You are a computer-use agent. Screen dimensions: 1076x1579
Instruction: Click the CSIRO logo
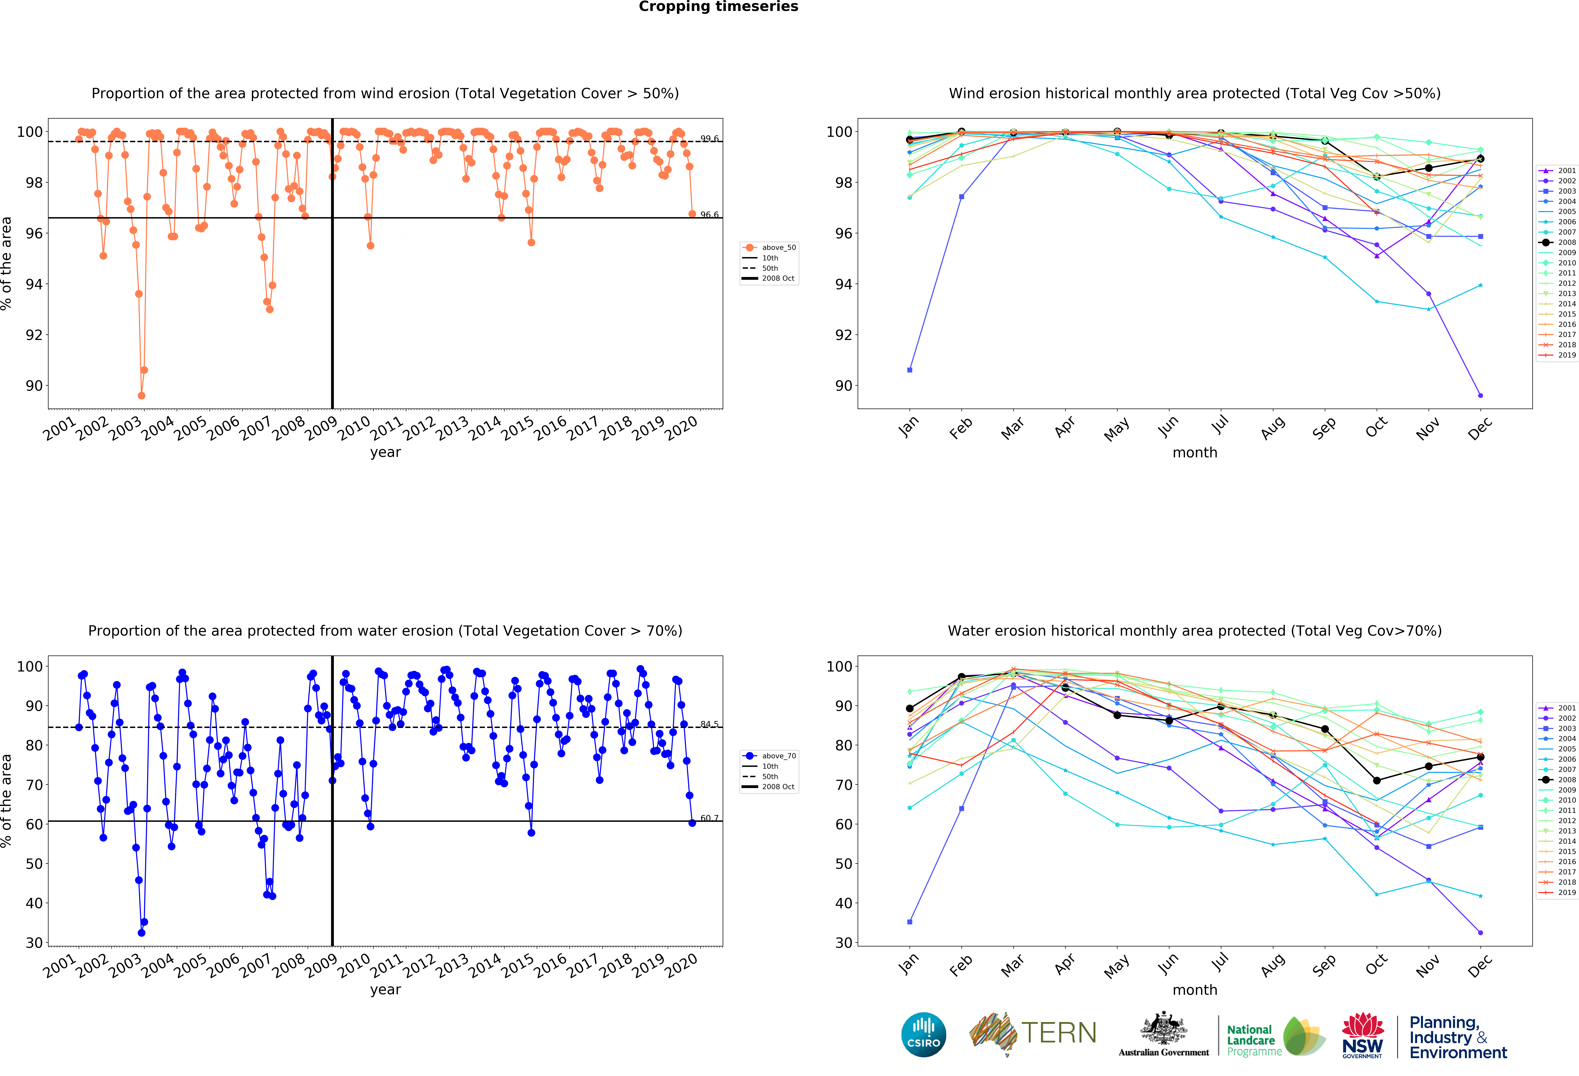point(923,1035)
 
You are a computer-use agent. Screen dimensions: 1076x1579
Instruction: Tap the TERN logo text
point(1059,1033)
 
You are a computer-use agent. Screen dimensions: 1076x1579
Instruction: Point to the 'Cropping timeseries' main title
point(718,7)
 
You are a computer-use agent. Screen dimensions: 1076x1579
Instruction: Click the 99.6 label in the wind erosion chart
point(709,139)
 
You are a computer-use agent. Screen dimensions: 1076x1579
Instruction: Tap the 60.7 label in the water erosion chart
point(709,818)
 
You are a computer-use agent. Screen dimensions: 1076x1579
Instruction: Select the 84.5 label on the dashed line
point(709,724)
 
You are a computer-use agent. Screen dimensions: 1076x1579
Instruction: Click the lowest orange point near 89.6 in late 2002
point(141,395)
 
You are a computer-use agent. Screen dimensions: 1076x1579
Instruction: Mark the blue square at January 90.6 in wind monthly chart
point(910,370)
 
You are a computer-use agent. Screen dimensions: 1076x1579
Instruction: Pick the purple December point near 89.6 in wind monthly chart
point(1480,395)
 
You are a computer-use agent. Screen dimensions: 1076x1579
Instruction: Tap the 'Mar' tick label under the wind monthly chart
point(1012,428)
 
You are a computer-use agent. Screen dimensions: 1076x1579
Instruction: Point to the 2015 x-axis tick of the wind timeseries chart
point(518,428)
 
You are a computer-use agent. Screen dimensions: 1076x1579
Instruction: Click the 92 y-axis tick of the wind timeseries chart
point(34,335)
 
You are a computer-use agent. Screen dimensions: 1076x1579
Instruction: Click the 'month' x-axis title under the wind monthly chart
point(1194,452)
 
